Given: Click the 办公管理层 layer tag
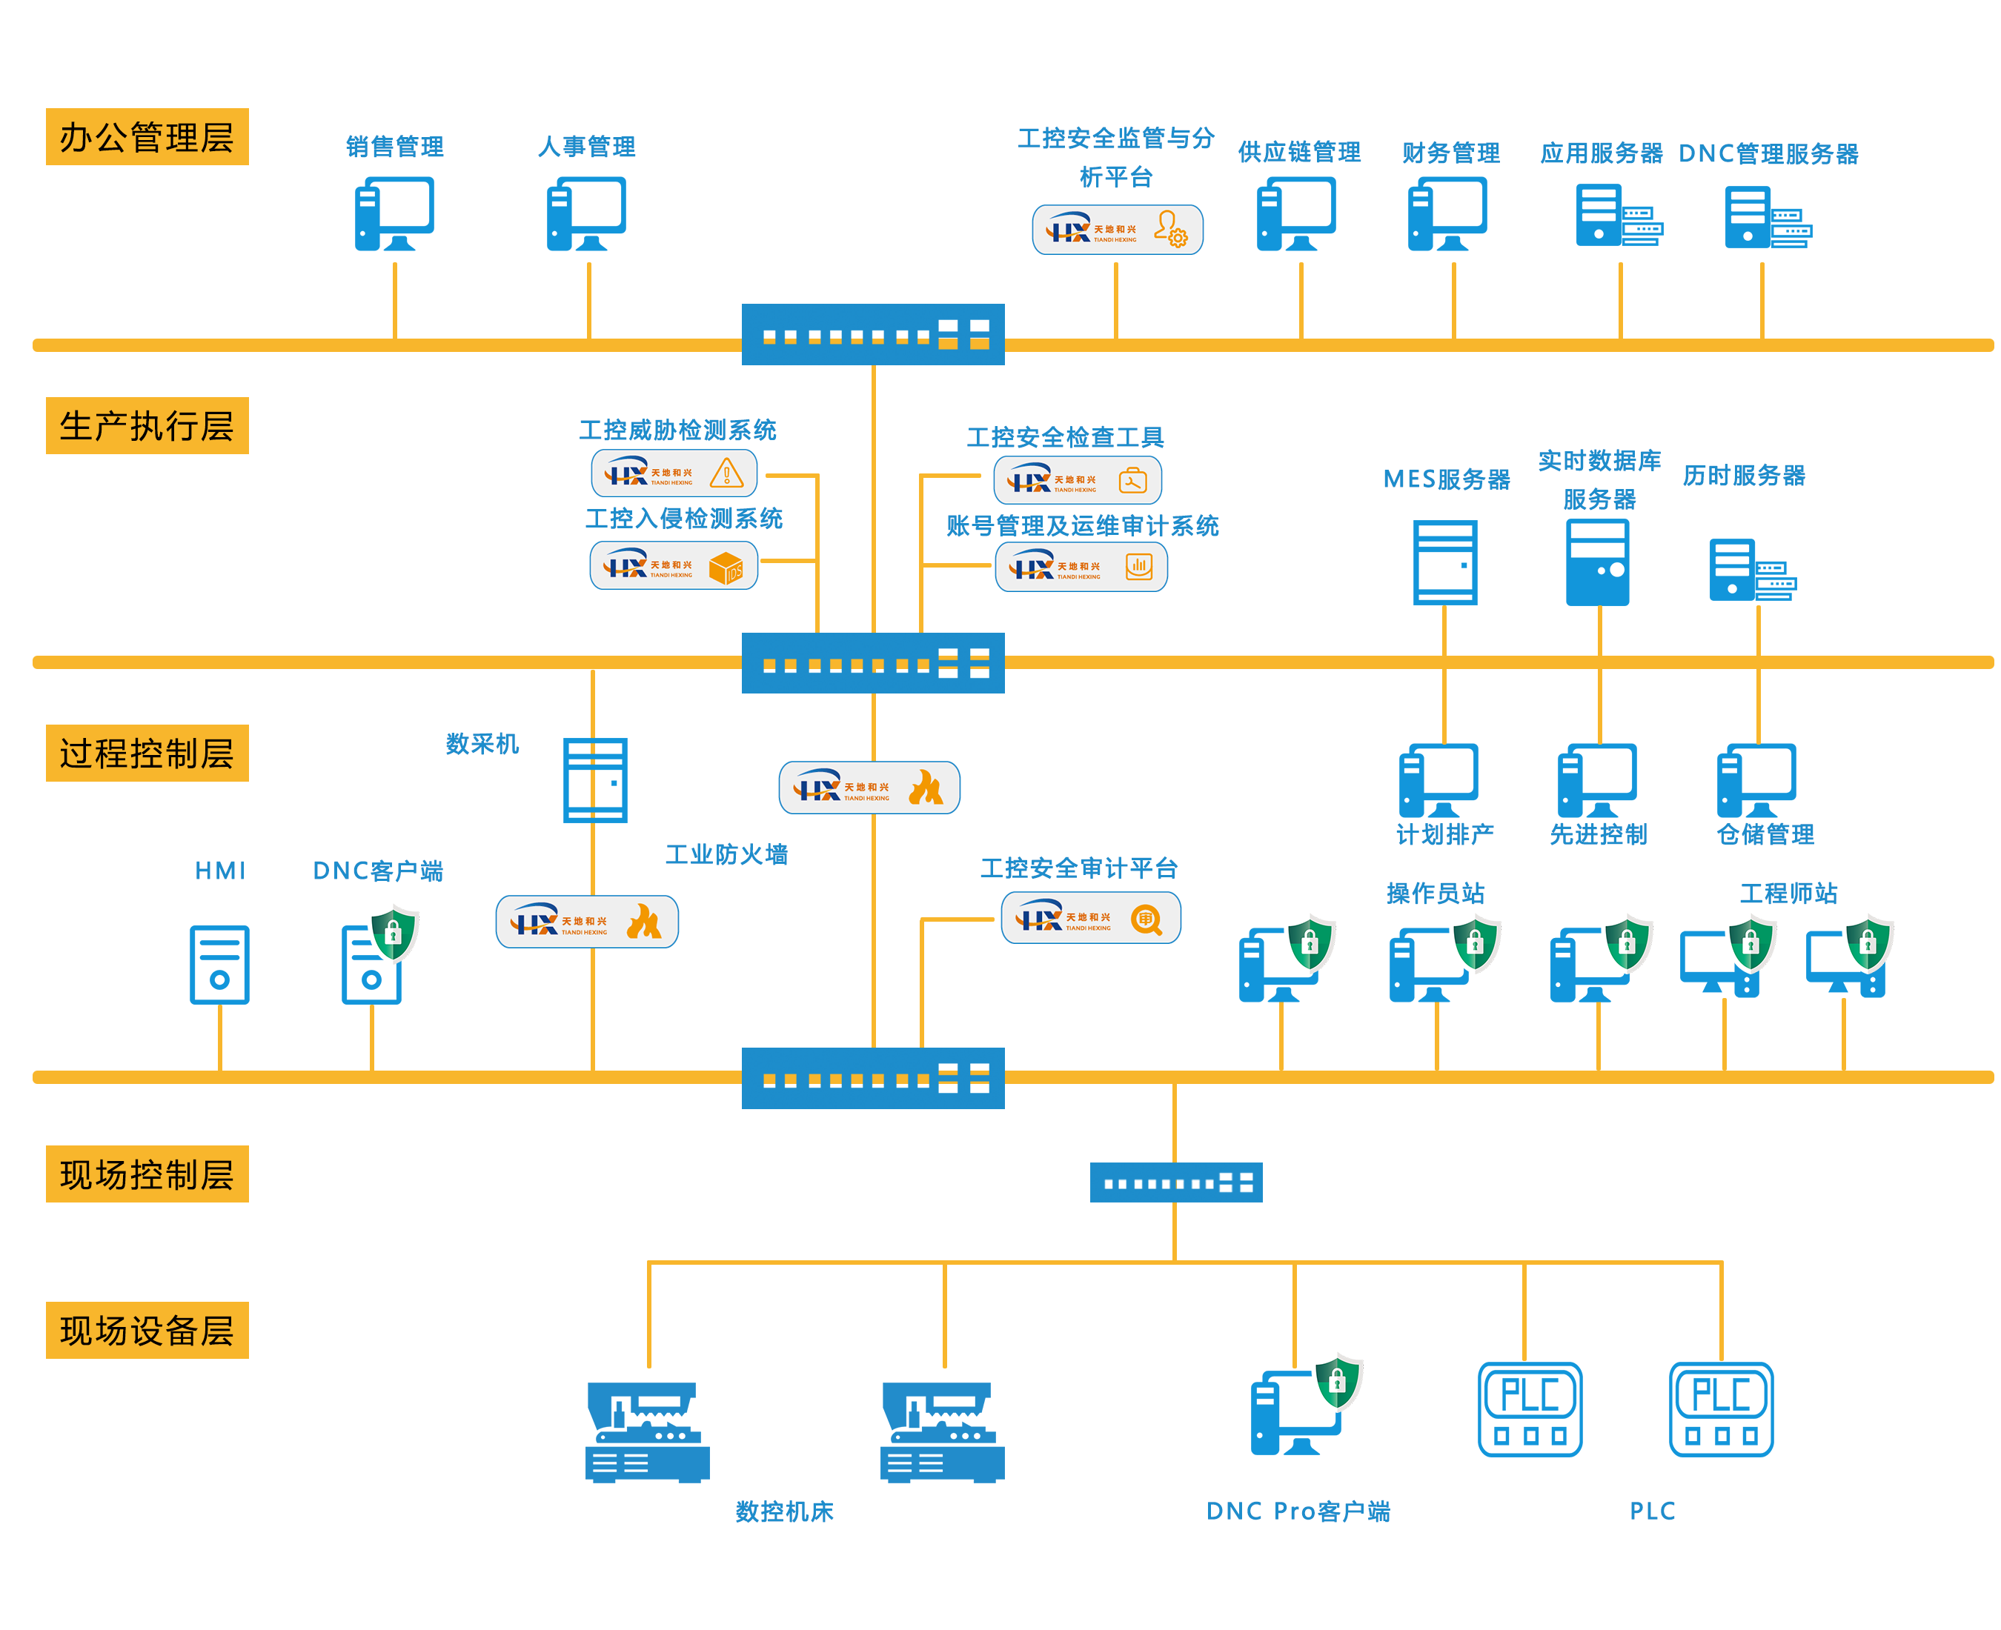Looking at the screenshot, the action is click(x=147, y=136).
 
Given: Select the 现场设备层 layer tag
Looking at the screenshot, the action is click(x=147, y=1328).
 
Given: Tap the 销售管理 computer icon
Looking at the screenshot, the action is click(x=394, y=214).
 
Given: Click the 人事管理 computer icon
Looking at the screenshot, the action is click(x=586, y=214).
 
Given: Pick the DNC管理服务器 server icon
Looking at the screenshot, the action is click(x=1768, y=217).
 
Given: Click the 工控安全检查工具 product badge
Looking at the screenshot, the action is click(x=1077, y=480).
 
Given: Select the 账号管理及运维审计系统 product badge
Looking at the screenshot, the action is click(x=1081, y=566).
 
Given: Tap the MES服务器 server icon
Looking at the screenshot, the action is click(x=1445, y=562).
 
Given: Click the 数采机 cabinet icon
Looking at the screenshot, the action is click(x=594, y=780).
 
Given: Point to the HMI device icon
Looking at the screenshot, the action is click(x=219, y=964).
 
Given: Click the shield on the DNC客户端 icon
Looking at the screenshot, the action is click(x=394, y=932).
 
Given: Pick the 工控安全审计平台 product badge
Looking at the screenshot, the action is click(x=1090, y=917).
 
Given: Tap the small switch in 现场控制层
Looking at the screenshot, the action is click(x=1175, y=1182).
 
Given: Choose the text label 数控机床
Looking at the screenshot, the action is click(x=784, y=1511).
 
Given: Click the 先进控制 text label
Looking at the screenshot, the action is click(x=1597, y=834).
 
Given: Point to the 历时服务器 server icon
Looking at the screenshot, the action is click(x=1752, y=570).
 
